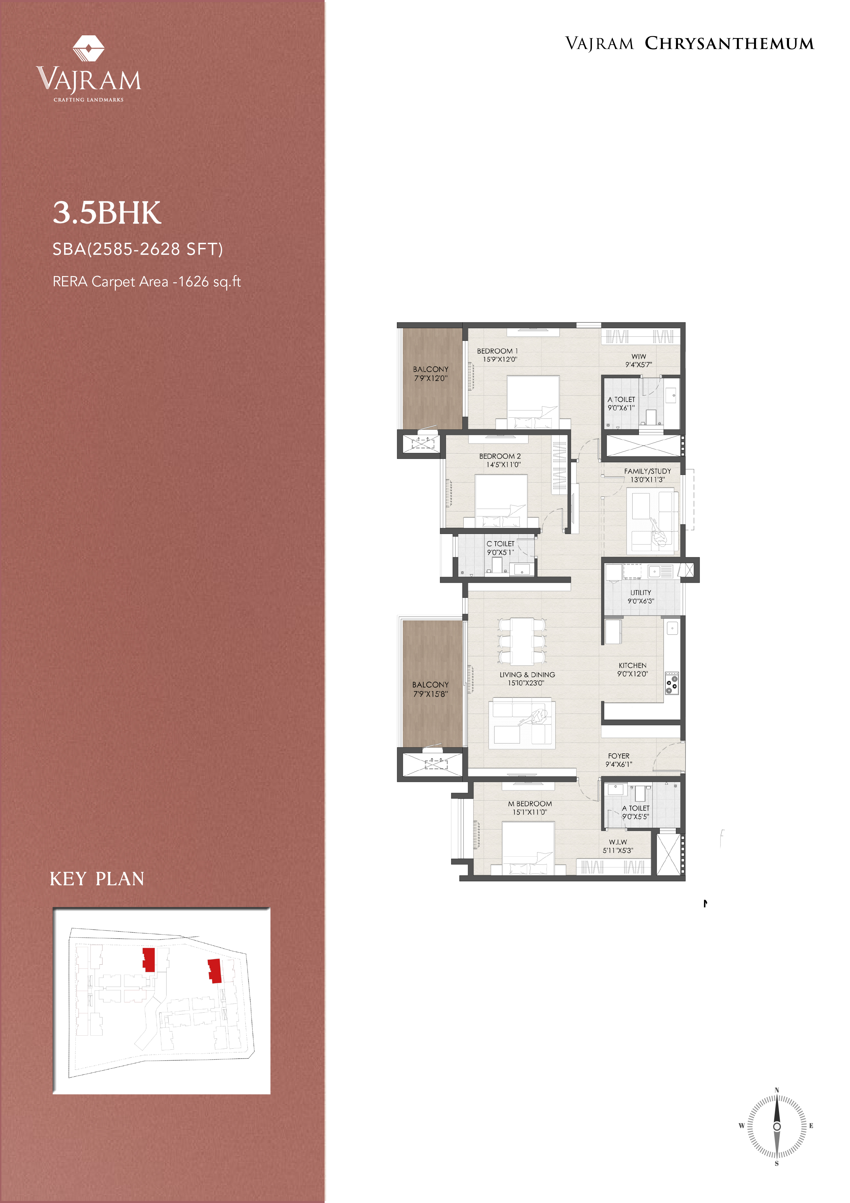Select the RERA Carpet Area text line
(147, 282)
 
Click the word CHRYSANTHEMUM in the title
(729, 44)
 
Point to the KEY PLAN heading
(97, 879)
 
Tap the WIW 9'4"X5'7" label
(639, 360)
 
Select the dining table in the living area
(522, 641)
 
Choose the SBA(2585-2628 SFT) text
(138, 249)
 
